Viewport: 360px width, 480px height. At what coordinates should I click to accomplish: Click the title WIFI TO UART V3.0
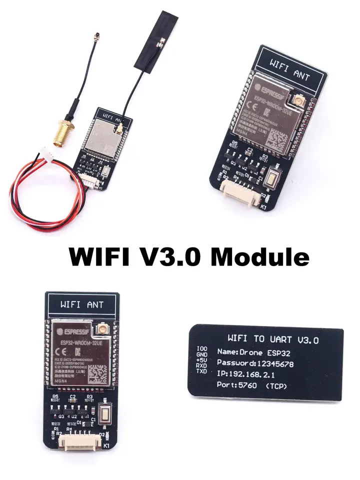coord(272,339)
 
